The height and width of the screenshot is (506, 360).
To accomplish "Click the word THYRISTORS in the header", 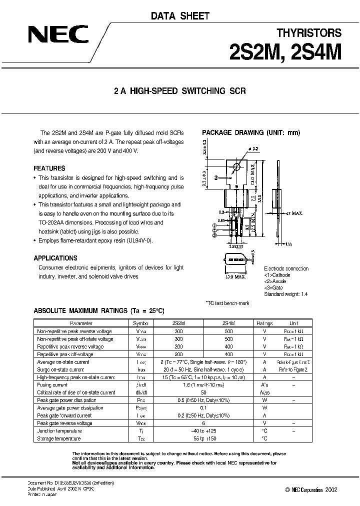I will point(309,33).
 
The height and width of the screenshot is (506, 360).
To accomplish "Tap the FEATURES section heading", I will point(49,168).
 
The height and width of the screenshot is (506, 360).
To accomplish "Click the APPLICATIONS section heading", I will point(55,258).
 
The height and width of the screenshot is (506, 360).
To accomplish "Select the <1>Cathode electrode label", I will point(277,274).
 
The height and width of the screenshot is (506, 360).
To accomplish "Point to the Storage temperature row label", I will point(59,438).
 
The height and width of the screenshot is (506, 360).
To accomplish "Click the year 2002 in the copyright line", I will point(331,489).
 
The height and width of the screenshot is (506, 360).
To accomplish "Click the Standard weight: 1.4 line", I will point(285,294).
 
